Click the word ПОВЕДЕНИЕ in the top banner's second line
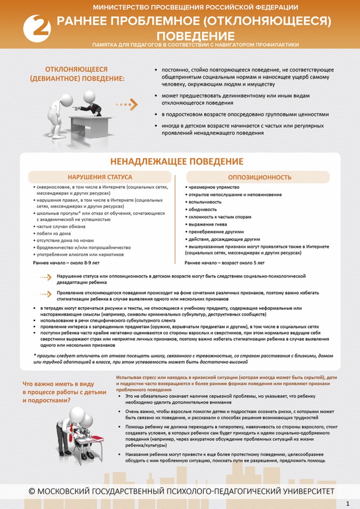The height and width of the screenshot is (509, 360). (195, 36)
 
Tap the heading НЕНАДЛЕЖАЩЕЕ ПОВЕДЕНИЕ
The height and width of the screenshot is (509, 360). (177, 162)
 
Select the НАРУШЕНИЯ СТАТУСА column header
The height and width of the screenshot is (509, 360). (100, 177)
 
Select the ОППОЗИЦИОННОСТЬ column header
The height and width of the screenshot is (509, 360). (260, 177)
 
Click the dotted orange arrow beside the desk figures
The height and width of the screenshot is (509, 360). (127, 105)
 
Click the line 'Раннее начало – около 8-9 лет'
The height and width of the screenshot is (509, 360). (66, 262)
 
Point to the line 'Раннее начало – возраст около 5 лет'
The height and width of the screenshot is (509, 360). (224, 262)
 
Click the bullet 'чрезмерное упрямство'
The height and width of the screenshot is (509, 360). (214, 187)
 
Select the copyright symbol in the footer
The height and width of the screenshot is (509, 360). (32, 491)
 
